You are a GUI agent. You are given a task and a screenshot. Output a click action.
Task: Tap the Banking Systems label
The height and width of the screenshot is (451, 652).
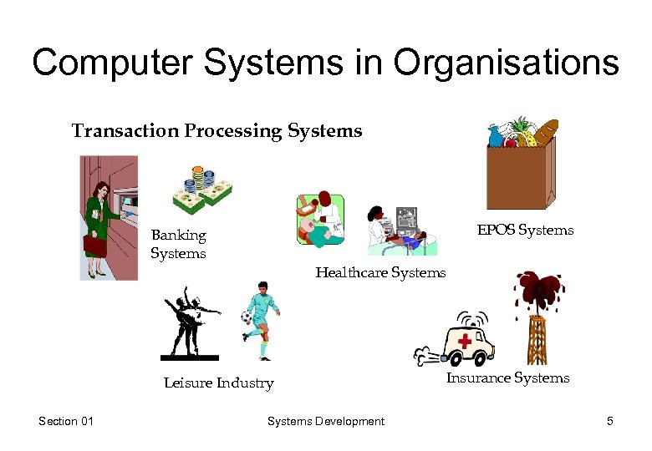click(178, 244)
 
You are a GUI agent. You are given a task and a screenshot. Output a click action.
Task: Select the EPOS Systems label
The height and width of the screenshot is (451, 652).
click(525, 230)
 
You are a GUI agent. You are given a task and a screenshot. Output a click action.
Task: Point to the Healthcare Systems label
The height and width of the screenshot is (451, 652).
click(380, 272)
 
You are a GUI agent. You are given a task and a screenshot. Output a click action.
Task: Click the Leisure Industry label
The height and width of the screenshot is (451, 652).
click(218, 383)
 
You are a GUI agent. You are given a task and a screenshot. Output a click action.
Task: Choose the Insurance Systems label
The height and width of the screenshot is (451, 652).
click(507, 378)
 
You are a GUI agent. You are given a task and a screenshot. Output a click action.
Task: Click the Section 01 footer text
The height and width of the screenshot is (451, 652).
click(66, 422)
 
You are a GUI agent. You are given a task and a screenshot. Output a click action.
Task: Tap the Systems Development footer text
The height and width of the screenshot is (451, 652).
click(325, 422)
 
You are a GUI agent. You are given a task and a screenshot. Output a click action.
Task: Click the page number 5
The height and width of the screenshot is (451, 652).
click(610, 422)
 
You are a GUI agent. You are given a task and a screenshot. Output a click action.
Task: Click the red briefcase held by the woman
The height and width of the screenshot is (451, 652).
click(94, 245)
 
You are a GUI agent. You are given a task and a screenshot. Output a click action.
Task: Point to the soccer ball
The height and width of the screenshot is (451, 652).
click(246, 317)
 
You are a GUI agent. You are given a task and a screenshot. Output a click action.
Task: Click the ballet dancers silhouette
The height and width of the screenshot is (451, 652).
click(193, 322)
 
